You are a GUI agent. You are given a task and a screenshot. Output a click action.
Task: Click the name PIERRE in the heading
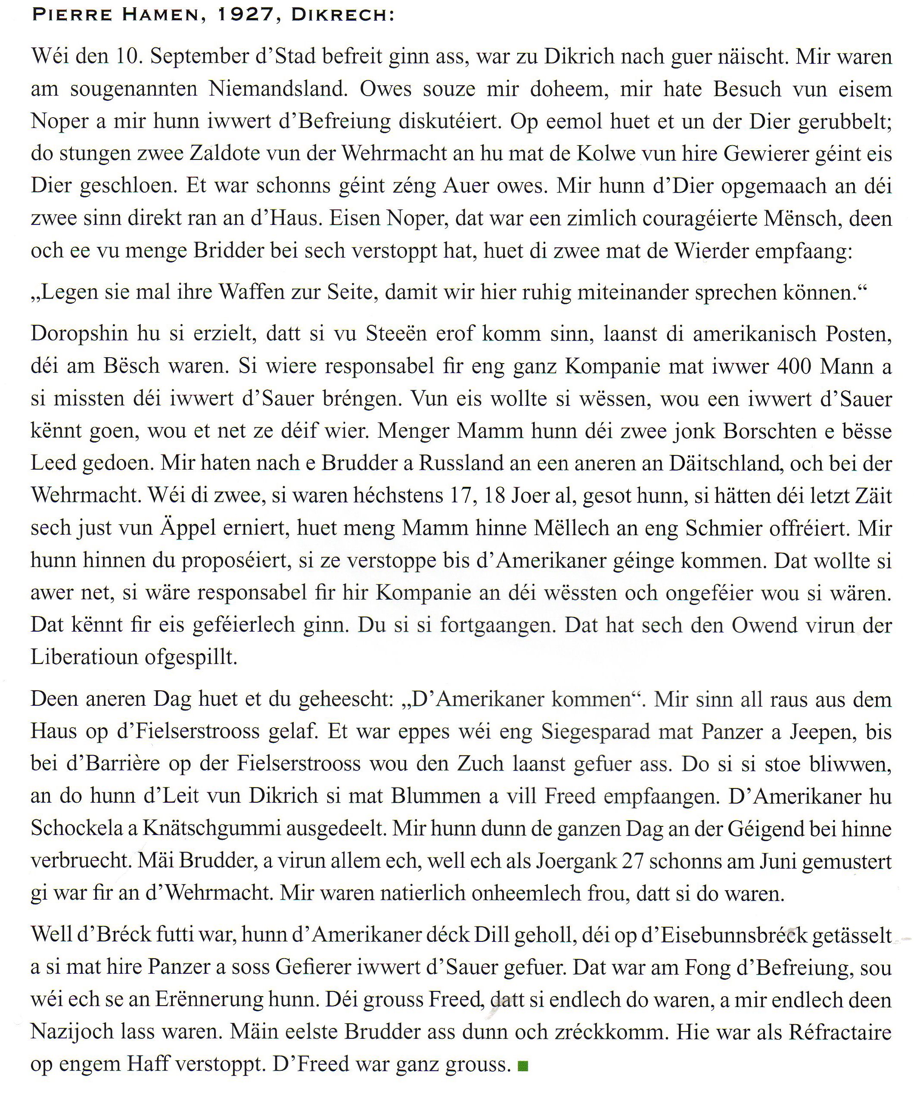(x=71, y=15)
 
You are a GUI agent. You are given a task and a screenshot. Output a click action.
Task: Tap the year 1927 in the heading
(x=246, y=15)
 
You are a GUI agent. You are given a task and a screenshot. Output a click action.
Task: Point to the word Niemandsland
(x=278, y=89)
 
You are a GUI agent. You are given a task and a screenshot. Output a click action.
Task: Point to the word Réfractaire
(x=840, y=1031)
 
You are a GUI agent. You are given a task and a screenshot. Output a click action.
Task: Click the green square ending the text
(x=522, y=1065)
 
